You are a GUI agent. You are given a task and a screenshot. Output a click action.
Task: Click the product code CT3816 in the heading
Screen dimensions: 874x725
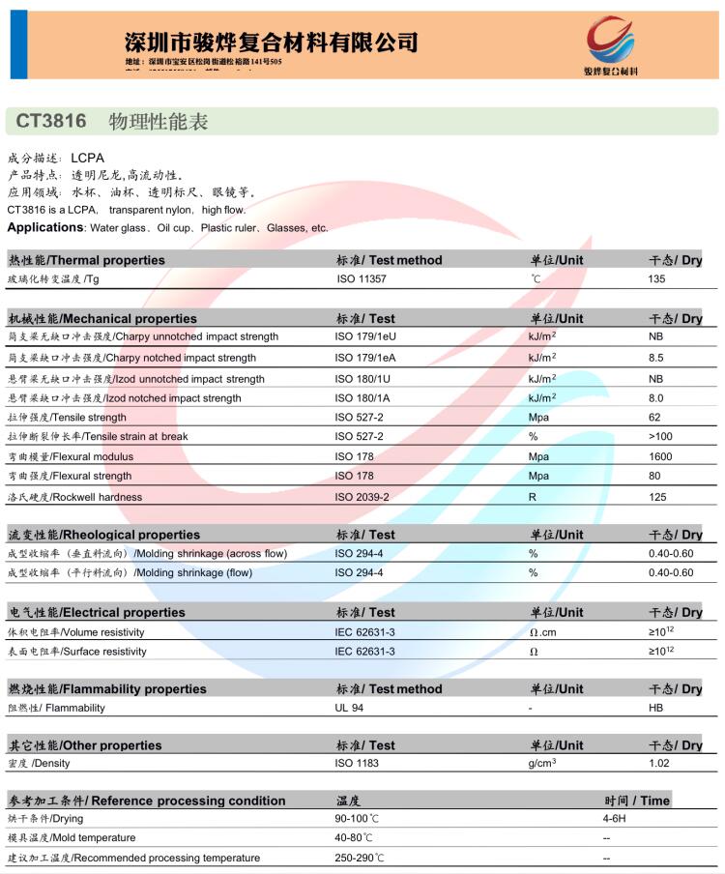(x=51, y=122)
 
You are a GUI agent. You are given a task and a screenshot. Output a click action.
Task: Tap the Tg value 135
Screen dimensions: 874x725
(x=657, y=278)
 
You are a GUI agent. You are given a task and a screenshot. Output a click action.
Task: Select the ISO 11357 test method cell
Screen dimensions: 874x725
(x=361, y=278)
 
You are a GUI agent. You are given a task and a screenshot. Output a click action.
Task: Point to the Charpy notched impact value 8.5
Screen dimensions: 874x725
(x=656, y=358)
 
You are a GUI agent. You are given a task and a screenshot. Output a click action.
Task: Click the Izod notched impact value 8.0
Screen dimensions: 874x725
(x=656, y=398)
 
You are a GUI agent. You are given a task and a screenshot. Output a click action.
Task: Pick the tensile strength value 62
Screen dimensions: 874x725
(x=654, y=418)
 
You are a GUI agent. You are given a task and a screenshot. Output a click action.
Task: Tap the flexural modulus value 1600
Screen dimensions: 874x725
(x=660, y=456)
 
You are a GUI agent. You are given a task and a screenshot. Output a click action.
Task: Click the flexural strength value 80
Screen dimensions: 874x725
(x=654, y=476)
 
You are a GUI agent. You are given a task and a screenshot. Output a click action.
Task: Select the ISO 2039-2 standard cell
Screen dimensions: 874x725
(x=362, y=497)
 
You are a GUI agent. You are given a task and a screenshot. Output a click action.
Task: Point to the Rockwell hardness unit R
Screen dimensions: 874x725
(x=532, y=497)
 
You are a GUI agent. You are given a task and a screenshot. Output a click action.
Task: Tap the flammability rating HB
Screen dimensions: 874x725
(x=655, y=708)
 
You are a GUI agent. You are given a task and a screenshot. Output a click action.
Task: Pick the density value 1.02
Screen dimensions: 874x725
(x=659, y=764)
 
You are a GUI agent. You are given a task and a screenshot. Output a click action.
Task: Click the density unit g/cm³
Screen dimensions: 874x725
(x=541, y=764)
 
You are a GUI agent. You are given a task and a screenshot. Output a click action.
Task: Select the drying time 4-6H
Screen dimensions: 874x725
(x=615, y=819)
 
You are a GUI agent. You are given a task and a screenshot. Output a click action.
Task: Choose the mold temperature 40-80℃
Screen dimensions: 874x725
(x=354, y=838)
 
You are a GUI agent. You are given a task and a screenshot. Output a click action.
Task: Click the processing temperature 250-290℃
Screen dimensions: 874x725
(x=360, y=859)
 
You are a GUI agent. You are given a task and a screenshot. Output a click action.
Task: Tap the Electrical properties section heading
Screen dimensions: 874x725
(x=97, y=612)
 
